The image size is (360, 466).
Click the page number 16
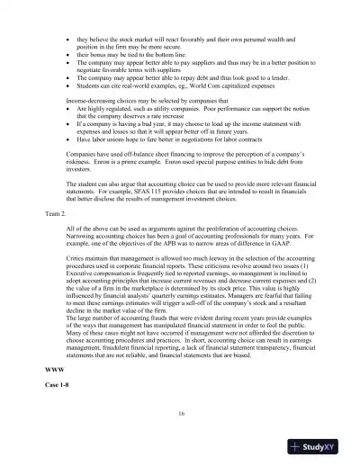pos(181,412)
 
